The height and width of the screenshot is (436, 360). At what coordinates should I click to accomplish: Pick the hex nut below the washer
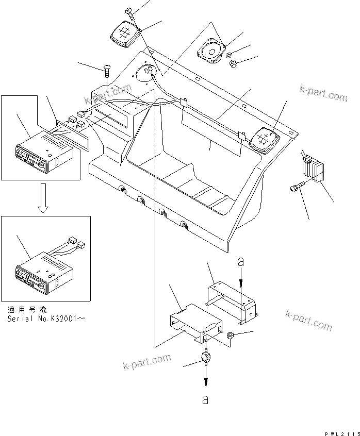point(232,64)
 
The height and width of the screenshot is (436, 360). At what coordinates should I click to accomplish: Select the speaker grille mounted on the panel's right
point(265,139)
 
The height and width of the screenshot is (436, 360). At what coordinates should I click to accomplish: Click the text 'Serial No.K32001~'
point(46,320)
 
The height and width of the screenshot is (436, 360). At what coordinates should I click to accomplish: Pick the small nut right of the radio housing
point(231,337)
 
